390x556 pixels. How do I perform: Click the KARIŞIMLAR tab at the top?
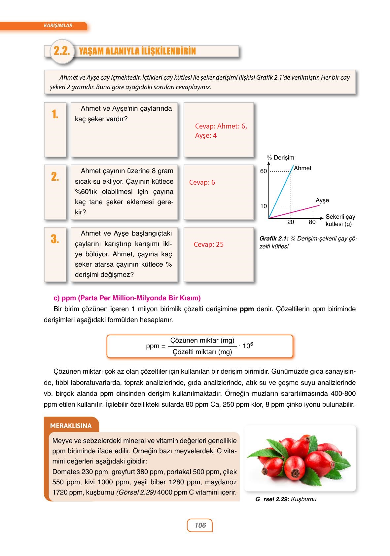click(x=58, y=25)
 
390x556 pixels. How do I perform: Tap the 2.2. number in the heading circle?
click(x=62, y=51)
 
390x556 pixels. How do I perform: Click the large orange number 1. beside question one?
click(x=55, y=114)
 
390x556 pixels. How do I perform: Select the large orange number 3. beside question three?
click(x=55, y=239)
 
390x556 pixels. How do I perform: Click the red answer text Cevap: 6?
click(x=202, y=182)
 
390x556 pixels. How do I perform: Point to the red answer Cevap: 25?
click(x=208, y=244)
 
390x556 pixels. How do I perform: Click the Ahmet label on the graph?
click(x=302, y=168)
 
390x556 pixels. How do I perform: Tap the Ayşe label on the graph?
click(x=322, y=200)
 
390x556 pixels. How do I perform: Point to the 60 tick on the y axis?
click(x=263, y=171)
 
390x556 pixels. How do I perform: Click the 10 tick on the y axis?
click(x=263, y=206)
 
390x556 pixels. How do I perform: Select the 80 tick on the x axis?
click(x=312, y=222)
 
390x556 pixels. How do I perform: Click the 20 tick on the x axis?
click(x=290, y=222)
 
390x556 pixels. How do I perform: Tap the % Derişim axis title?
click(x=280, y=158)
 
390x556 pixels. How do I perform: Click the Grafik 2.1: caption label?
click(x=274, y=239)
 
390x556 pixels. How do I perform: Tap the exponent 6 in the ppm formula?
click(x=252, y=344)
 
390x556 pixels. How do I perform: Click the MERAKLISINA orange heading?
click(x=71, y=426)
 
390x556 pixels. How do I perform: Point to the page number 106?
click(x=200, y=525)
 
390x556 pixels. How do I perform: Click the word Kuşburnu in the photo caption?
click(x=303, y=499)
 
